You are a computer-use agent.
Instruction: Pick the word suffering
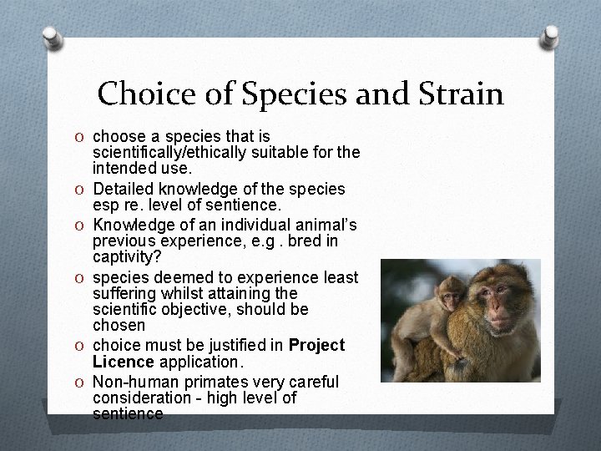coord(126,293)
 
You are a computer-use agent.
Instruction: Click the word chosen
coord(119,325)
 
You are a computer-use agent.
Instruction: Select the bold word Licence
coord(122,362)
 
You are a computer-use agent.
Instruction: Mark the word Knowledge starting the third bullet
coord(134,225)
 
